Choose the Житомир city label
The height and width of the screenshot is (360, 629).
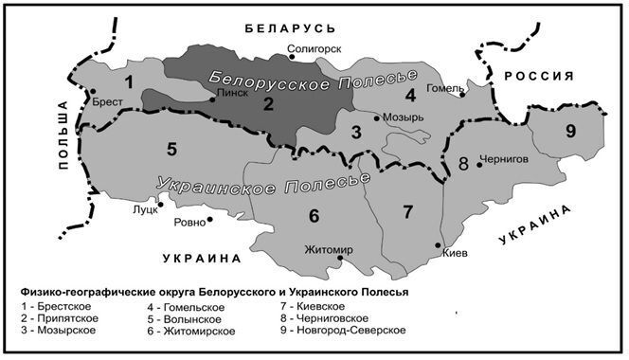[329, 251]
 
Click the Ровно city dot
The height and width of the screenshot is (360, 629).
[209, 220]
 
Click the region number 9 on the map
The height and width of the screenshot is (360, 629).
[569, 130]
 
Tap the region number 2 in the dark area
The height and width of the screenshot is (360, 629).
[268, 104]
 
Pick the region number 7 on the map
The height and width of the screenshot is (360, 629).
[407, 209]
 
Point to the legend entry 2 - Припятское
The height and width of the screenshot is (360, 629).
[58, 319]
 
